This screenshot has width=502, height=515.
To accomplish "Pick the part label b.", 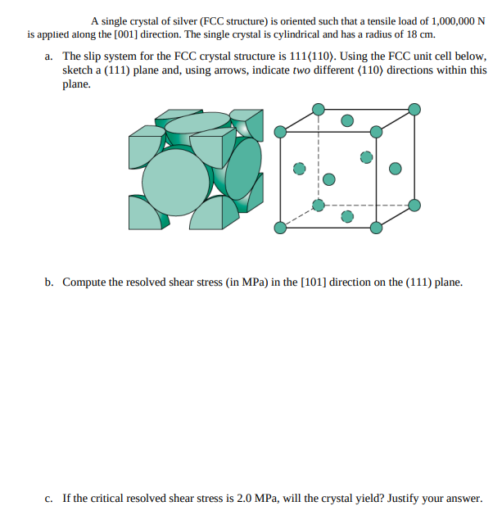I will [x=50, y=282].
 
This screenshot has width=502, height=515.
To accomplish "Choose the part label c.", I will [x=50, y=498].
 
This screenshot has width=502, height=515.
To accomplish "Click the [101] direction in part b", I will [x=317, y=282].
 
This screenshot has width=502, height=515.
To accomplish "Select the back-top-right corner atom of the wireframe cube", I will [x=414, y=108].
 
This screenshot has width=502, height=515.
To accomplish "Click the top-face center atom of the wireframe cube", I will [x=347, y=120].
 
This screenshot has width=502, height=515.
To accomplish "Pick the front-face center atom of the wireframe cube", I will [x=328, y=178].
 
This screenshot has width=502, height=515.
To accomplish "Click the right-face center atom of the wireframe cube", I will [x=396, y=169].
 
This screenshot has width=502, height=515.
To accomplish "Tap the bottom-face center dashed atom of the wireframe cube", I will [x=347, y=216].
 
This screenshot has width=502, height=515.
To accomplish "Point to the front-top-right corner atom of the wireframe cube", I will [x=376, y=131].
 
